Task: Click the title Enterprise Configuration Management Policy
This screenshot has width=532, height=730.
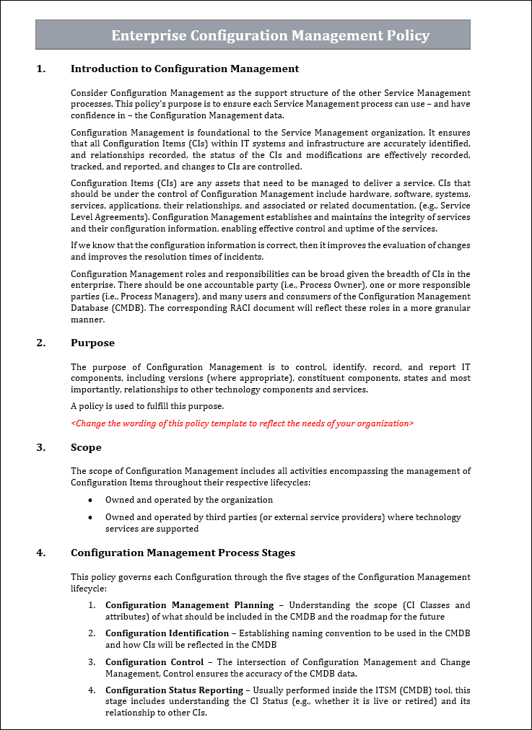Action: click(x=270, y=35)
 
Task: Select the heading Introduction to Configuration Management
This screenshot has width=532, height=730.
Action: click(x=184, y=69)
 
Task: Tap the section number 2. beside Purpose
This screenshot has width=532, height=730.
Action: click(x=40, y=343)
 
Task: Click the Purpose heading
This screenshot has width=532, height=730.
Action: click(x=92, y=343)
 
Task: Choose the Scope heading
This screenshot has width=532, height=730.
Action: click(x=86, y=447)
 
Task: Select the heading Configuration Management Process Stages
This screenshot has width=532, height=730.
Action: click(x=183, y=553)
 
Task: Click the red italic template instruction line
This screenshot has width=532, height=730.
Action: click(x=242, y=423)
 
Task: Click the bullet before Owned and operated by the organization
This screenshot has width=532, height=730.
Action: click(x=90, y=500)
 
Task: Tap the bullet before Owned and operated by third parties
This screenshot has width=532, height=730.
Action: click(x=90, y=517)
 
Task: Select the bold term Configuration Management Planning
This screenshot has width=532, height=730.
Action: click(x=189, y=605)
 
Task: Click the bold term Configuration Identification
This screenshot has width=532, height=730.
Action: click(x=165, y=633)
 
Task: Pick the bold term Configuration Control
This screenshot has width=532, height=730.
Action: click(x=154, y=662)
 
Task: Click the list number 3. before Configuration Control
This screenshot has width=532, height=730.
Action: click(x=92, y=662)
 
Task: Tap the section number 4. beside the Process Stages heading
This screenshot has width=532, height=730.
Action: click(x=40, y=553)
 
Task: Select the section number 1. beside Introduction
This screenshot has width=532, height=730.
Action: click(x=40, y=69)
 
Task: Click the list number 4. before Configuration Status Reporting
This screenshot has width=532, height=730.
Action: click(x=92, y=690)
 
